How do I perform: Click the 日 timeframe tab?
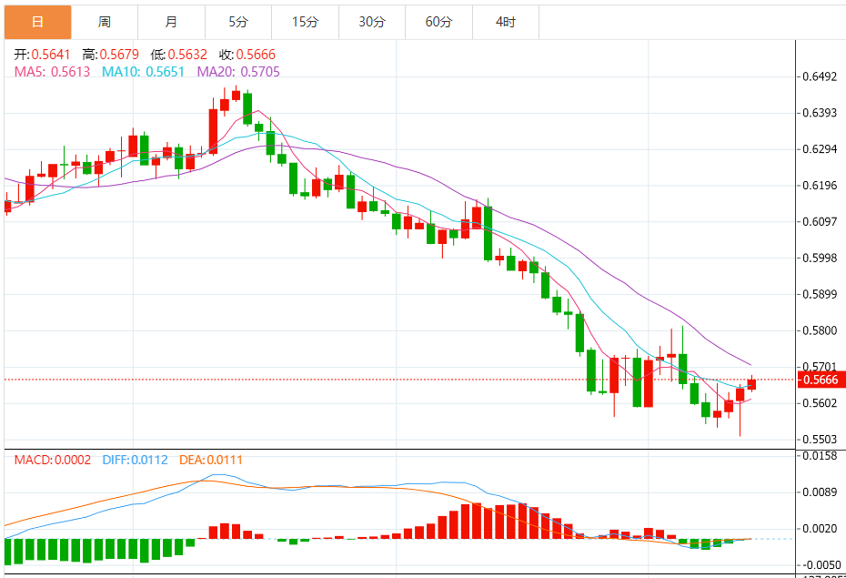pyautogui.click(x=37, y=22)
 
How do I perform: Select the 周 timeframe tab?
pyautogui.click(x=105, y=22)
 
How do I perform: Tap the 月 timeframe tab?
pyautogui.click(x=172, y=22)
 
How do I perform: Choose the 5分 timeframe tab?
pyautogui.click(x=238, y=22)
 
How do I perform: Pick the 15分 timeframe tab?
pyautogui.click(x=305, y=22)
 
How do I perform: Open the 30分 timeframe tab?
pyautogui.click(x=372, y=22)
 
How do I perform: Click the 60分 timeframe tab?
pyautogui.click(x=438, y=22)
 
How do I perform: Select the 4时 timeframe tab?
pyautogui.click(x=506, y=22)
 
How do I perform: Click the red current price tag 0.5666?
pyautogui.click(x=821, y=380)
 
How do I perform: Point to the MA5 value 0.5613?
pyautogui.click(x=70, y=71)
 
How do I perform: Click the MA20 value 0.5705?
pyautogui.click(x=257, y=71)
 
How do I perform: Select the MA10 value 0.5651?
pyautogui.click(x=165, y=71)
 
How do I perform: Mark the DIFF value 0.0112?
pyautogui.click(x=150, y=461)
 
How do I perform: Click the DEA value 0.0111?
pyautogui.click(x=225, y=461)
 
